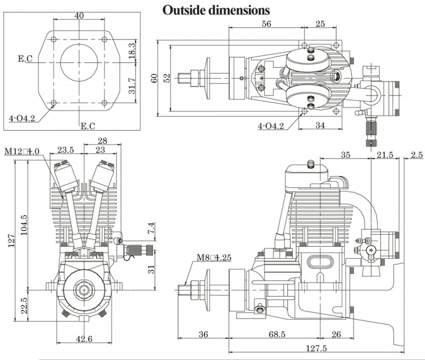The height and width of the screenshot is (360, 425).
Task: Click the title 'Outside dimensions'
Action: click(x=216, y=10)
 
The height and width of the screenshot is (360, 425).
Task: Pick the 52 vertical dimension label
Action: click(x=167, y=77)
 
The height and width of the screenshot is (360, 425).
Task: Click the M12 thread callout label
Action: click(x=22, y=151)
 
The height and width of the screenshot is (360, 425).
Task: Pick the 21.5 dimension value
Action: click(x=388, y=155)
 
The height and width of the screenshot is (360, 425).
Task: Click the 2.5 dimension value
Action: click(x=416, y=155)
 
